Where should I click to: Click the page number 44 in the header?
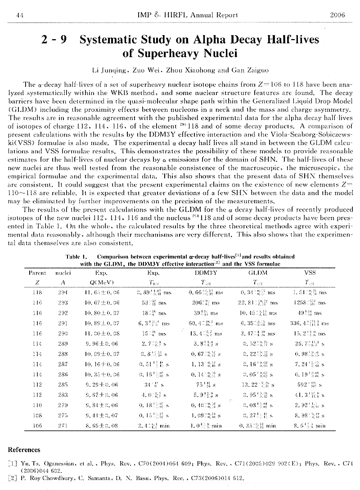(x=19, y=15)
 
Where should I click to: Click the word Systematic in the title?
(x=113, y=40)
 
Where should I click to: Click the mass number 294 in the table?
(x=60, y=293)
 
